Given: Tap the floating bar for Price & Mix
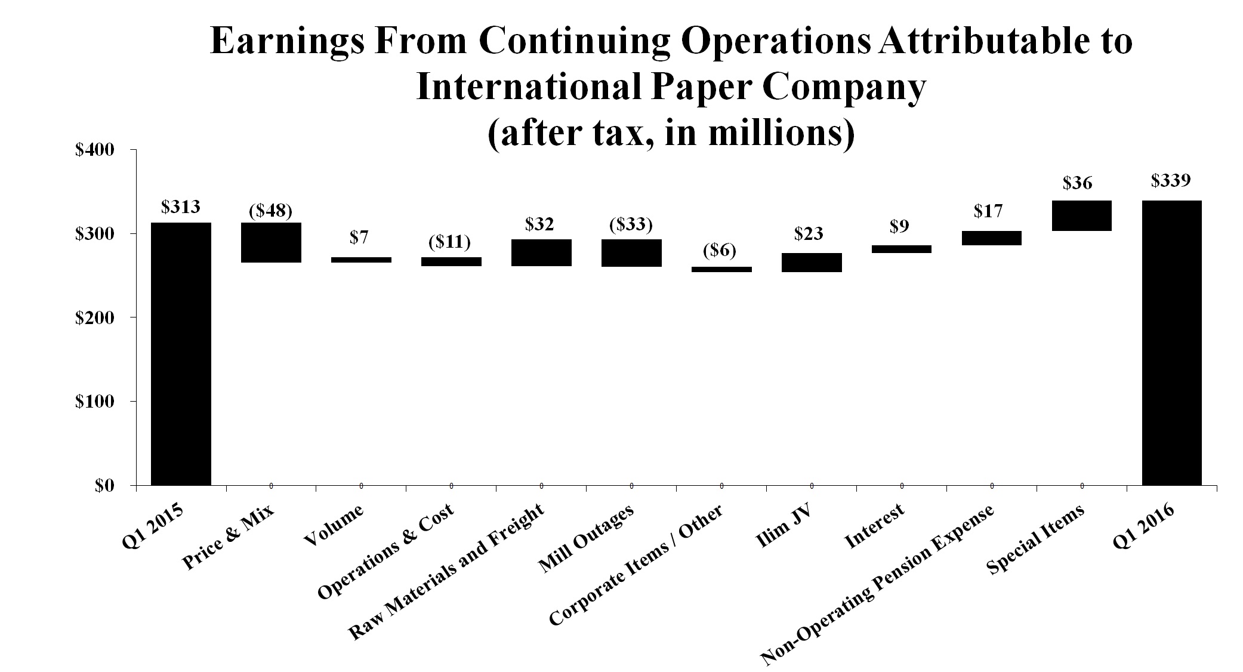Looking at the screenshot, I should [271, 242].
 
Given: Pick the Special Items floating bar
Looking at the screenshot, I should [1081, 215].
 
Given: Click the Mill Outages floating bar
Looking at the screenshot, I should [631, 253].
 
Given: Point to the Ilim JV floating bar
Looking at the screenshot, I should [812, 263].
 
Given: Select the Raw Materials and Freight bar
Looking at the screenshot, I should [541, 253].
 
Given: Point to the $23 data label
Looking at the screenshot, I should [809, 234].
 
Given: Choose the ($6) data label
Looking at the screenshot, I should [720, 251].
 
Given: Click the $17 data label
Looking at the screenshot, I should [988, 211].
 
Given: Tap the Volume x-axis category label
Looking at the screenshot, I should [334, 525].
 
